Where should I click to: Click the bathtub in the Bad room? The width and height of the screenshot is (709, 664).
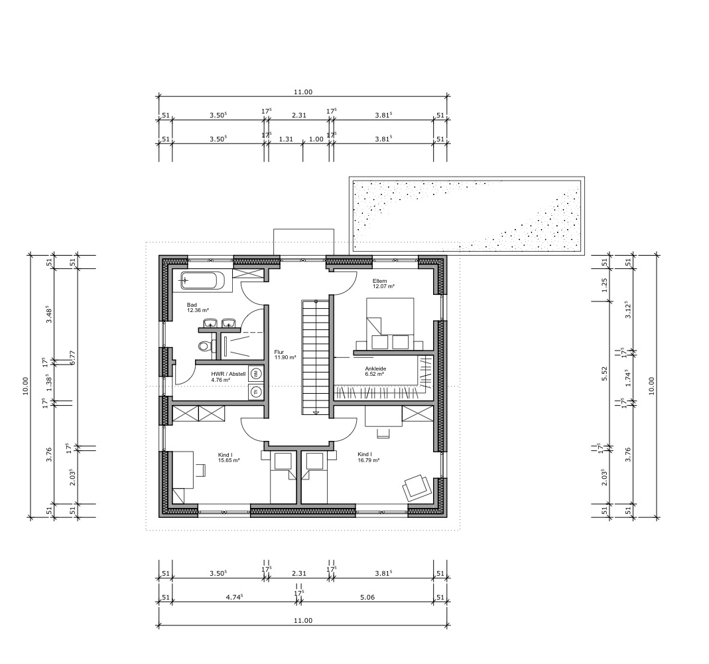202,280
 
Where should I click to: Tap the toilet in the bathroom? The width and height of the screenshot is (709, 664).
204,347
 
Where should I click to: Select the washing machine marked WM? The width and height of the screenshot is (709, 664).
255,374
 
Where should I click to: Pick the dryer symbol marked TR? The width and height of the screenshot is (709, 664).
255,392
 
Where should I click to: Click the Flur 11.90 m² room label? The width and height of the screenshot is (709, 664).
285,355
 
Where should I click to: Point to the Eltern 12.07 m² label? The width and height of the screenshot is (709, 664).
383,284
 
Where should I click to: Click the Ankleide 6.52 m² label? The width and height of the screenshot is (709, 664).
375,371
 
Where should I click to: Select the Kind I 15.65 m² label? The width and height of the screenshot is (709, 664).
228,457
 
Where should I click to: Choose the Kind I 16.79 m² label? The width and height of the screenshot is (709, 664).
368,457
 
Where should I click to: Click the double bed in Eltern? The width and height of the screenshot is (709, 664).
390,323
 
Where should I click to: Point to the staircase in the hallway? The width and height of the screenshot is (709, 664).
316,357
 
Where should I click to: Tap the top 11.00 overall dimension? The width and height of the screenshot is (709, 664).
303,92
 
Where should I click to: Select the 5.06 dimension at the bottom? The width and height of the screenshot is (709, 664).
367,597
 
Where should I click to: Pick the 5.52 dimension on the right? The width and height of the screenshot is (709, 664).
605,373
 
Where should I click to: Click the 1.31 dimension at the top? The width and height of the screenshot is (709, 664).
286,139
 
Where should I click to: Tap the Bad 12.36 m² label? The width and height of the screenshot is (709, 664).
198,308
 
